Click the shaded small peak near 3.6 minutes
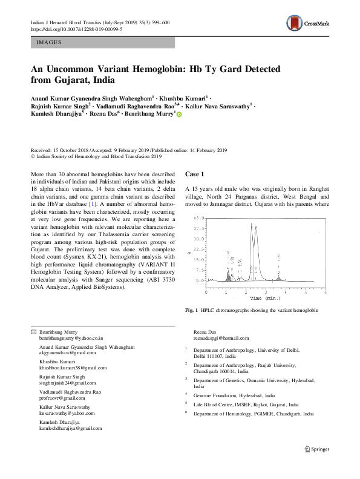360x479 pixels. point(278,277)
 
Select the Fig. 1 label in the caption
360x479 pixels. point(191,311)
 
